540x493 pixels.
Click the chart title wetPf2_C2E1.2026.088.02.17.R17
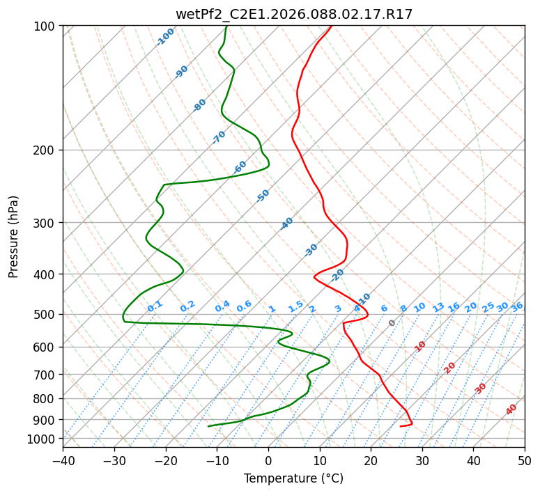point(293,15)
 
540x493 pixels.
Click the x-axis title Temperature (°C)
point(293,479)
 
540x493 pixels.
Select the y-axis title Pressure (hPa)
point(14,237)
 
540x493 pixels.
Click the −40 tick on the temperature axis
point(63,461)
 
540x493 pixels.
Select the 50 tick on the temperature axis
point(525,461)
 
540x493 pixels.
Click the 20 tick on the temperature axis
point(371,461)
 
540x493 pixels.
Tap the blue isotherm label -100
point(165,37)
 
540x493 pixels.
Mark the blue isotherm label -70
point(219,137)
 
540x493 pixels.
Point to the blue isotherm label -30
point(311,250)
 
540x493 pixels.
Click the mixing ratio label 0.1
point(155,306)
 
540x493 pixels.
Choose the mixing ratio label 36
point(517,306)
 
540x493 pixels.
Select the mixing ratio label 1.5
point(295,306)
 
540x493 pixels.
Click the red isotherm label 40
point(511,410)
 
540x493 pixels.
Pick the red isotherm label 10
point(420,346)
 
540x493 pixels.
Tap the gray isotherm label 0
point(392,323)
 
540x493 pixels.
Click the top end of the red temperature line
point(331,26)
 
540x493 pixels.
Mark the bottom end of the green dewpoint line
point(208,426)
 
